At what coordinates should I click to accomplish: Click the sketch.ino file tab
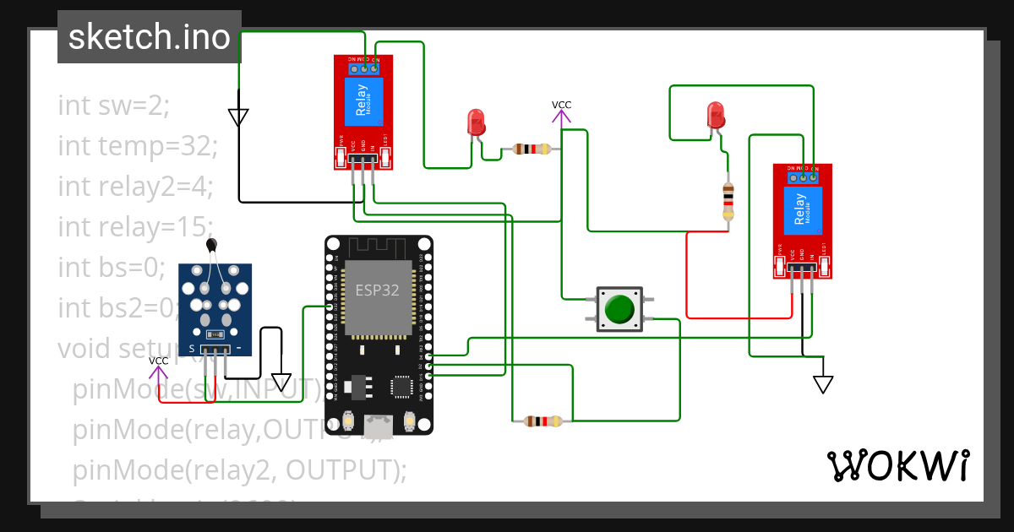(149, 37)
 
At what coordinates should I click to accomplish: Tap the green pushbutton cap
(620, 308)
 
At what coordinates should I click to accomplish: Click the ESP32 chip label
(377, 290)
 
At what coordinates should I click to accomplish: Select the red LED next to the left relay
(476, 122)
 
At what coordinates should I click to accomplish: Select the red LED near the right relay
(716, 115)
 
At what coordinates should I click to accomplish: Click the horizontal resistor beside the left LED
(531, 149)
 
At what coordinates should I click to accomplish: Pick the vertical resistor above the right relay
(728, 201)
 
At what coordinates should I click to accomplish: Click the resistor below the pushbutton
(542, 421)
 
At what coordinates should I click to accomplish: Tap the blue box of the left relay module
(363, 100)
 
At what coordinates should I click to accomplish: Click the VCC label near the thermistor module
(158, 361)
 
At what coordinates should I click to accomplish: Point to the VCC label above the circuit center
(561, 105)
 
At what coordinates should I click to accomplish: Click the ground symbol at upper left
(238, 117)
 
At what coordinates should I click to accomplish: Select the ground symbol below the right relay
(823, 384)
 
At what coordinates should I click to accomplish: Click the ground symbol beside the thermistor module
(281, 383)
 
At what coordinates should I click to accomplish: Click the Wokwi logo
(897, 465)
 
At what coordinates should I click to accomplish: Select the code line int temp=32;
(138, 145)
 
